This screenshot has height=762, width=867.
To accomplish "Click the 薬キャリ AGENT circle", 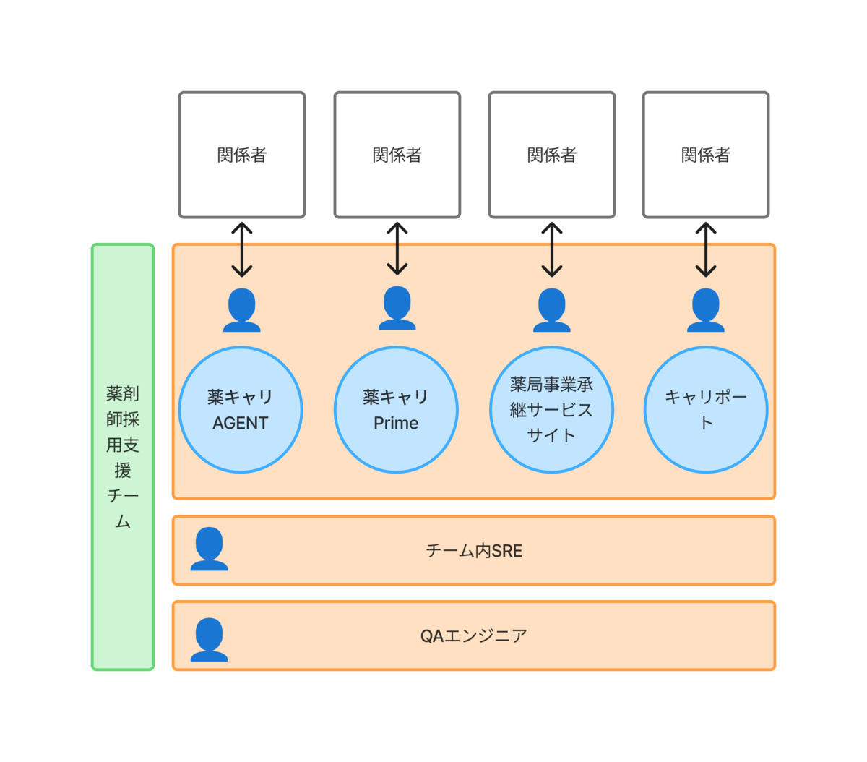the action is coord(241,409).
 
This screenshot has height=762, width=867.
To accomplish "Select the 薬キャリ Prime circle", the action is coord(396,409).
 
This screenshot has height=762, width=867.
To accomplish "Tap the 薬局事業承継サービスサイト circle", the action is coord(551,409).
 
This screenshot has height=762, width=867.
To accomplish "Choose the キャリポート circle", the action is coord(706,409).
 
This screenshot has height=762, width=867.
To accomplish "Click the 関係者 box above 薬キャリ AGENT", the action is coord(242,155).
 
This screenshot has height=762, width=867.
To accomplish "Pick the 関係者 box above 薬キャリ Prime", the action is coord(397,155).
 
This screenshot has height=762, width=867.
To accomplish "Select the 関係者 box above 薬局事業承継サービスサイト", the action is coord(551,155).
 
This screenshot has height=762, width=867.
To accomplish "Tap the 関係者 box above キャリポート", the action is coord(706,155).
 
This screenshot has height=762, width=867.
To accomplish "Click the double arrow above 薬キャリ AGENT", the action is coord(242,249).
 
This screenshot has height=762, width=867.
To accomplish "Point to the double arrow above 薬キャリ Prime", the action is coord(397,249).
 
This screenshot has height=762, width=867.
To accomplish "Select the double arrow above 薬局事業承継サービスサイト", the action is coord(551,249).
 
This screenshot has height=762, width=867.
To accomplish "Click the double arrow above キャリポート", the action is coord(706,249).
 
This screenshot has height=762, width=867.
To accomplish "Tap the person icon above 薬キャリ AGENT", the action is coord(242,310).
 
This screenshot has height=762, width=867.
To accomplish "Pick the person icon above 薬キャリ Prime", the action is coord(397,308).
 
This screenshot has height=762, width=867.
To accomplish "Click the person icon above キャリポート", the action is coord(706,310).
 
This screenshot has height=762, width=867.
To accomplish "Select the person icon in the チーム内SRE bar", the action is coord(209,549).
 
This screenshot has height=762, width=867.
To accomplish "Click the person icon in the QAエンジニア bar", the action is coord(209,639).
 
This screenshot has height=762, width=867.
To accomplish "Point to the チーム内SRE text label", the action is coord(474,550).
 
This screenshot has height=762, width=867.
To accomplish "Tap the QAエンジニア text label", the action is coord(474,635).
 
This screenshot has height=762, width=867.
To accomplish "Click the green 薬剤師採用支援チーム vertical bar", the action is coord(122,457).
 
